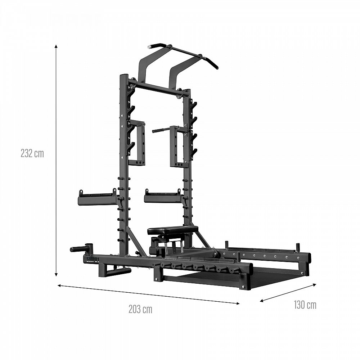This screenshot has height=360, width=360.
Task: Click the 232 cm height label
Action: click(32, 153)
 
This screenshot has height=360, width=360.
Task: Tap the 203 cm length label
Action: click(140, 309)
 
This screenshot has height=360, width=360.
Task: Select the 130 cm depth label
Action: click(305, 305)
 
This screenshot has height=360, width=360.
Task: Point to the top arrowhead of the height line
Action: click(56, 46)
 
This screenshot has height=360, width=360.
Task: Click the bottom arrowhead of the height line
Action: click(56, 274)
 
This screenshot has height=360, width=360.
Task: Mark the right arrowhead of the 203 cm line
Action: click(238, 303)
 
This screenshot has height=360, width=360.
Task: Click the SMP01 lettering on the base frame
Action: click(93, 260)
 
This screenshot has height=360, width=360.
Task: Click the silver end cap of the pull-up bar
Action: click(149, 48)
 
